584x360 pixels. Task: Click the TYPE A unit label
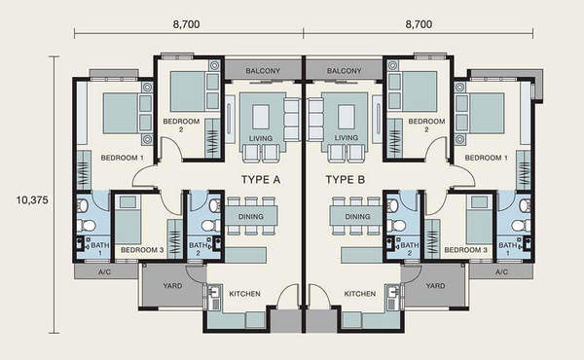(261, 180)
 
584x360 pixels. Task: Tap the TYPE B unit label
(346, 180)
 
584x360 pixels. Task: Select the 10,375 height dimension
(32, 200)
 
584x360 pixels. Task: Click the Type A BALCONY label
(263, 71)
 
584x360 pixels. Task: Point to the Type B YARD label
(435, 286)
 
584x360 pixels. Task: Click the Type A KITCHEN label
(244, 294)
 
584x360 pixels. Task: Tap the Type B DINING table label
(357, 216)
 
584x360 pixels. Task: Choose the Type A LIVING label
(261, 138)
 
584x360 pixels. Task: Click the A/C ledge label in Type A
(105, 272)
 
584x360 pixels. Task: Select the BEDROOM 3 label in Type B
(465, 250)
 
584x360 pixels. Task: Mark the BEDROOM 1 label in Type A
(123, 158)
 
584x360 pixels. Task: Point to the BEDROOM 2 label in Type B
(426, 126)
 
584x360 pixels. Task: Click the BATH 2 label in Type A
(198, 249)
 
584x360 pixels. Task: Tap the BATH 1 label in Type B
(508, 249)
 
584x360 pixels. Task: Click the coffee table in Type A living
(261, 117)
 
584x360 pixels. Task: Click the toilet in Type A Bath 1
(87, 226)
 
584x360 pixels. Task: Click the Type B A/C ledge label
(501, 272)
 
